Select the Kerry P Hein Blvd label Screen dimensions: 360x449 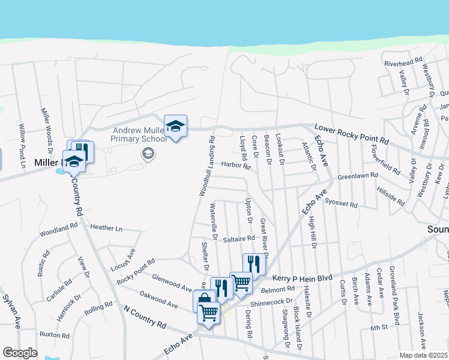(x=302, y=278)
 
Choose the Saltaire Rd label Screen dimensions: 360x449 (x=239, y=238)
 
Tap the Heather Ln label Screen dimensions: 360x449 (x=106, y=228)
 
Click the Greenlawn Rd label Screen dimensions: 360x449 (x=357, y=176)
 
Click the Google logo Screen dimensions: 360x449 (x=19, y=352)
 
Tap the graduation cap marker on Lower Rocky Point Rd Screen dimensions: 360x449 (x=175, y=127)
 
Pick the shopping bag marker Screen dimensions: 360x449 (x=204, y=300)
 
